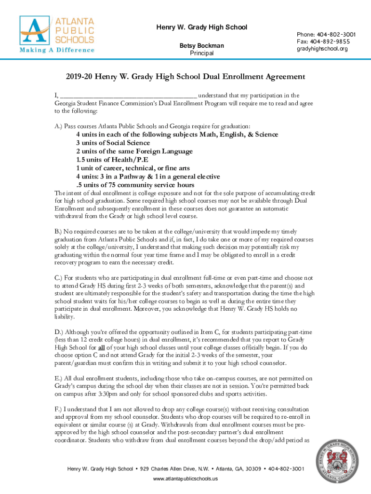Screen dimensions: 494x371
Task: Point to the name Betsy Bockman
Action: (201, 46)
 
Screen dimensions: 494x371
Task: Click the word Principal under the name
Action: (201, 53)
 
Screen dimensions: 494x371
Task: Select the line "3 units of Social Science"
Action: (113, 143)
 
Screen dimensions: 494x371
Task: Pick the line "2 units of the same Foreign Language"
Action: (134, 151)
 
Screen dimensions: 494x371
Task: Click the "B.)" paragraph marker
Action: (58, 232)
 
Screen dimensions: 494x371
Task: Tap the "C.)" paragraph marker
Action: (58, 278)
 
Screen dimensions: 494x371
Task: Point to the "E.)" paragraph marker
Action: (58, 379)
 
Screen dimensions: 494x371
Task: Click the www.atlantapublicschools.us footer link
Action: (185, 479)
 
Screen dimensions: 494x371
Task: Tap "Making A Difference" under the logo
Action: (56, 50)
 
